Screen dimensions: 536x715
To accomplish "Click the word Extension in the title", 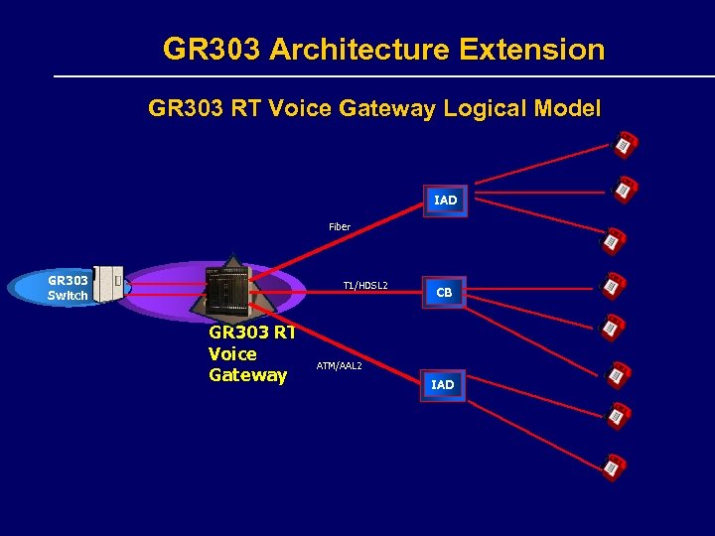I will [x=529, y=50].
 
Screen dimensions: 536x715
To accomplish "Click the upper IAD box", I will [x=445, y=201].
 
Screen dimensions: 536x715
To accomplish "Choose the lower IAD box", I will [x=443, y=384].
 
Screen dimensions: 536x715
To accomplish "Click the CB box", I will [x=444, y=293].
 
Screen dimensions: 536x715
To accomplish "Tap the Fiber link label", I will [x=340, y=227].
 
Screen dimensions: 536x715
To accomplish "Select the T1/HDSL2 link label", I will [x=365, y=286].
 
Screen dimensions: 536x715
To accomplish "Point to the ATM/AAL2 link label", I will [x=339, y=366].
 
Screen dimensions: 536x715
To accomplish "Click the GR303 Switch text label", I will [x=68, y=288].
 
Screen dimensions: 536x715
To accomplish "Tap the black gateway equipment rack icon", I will [x=227, y=287].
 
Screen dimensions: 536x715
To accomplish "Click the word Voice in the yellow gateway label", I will [x=232, y=354].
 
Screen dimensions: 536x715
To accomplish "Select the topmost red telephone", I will [x=624, y=144].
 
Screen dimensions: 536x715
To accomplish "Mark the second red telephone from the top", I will [x=625, y=188].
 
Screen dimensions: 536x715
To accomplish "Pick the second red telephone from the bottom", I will [x=620, y=415].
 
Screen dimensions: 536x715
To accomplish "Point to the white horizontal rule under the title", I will [x=382, y=76].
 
